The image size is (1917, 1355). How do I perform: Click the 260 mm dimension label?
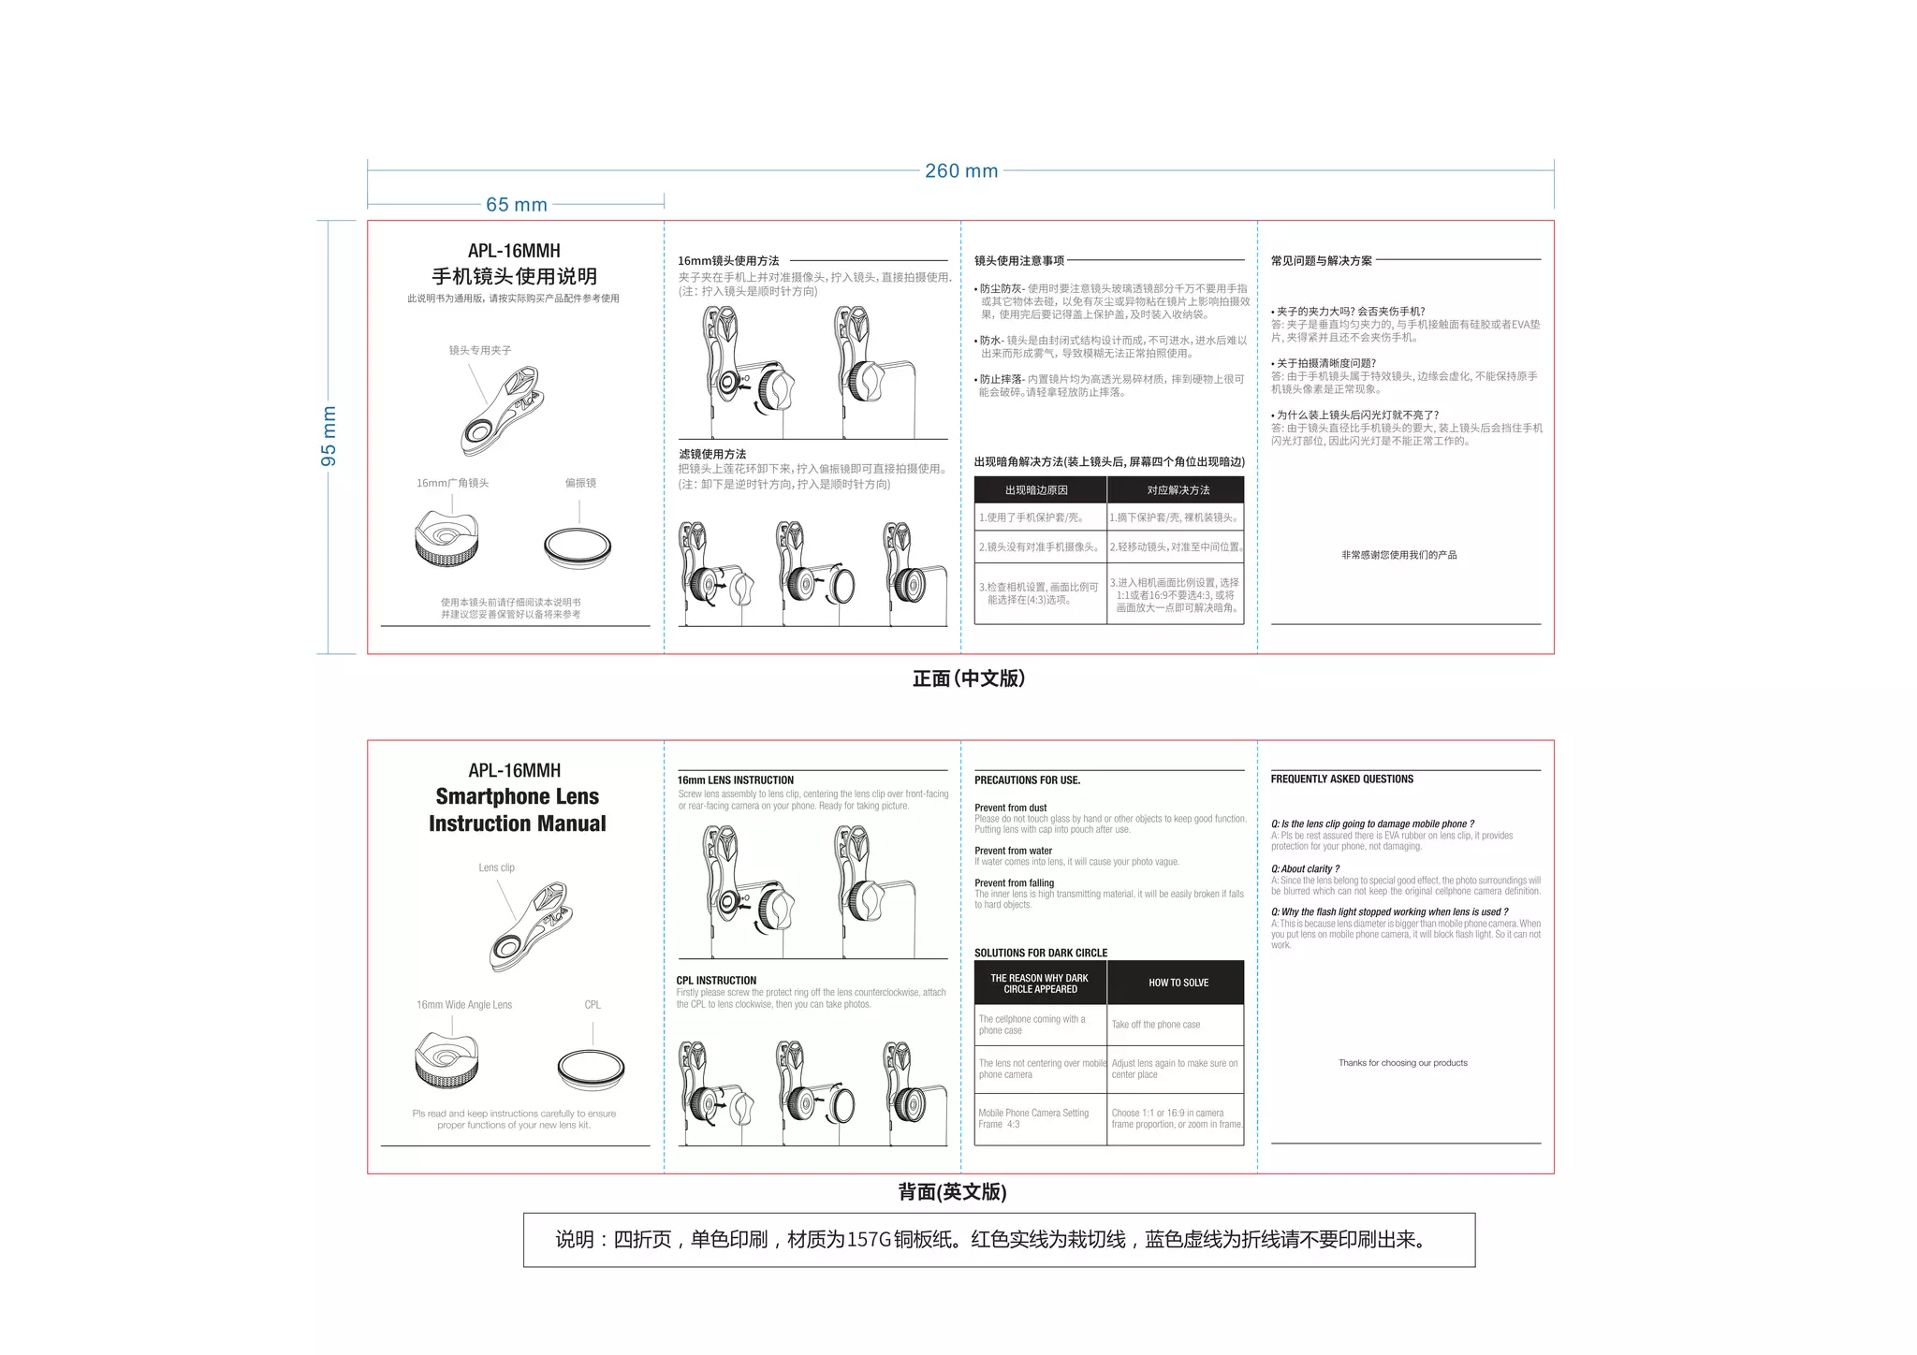961,171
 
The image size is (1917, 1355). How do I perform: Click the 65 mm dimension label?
516,205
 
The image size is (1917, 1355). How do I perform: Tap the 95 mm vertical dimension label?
329,436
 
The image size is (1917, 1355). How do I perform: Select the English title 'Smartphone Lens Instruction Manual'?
517,810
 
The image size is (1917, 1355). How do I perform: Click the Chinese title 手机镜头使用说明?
514,276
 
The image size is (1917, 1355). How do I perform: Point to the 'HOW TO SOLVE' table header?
1178,983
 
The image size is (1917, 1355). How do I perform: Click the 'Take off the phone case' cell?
1156,1025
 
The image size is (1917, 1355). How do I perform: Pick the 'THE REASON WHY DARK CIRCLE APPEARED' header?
1040,983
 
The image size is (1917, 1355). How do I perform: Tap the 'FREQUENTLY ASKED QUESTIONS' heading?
1341,779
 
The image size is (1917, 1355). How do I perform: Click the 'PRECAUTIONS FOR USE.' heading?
1027,779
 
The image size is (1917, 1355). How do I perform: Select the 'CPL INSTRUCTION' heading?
716,981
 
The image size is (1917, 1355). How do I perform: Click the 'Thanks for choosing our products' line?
1402,1063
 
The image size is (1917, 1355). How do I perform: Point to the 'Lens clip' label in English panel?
496,867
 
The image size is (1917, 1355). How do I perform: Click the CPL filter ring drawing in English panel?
591,1069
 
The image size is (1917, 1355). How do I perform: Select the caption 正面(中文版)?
969,678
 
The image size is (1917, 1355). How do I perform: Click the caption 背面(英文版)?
952,1191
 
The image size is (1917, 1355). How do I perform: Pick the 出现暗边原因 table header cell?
1036,490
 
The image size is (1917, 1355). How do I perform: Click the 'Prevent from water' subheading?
1013,851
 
